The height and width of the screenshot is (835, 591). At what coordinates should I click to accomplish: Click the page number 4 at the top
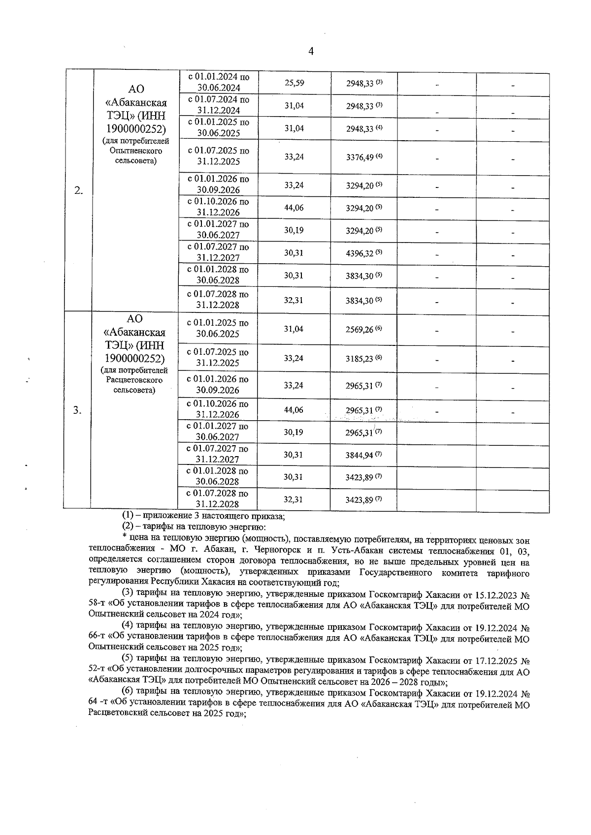point(311,51)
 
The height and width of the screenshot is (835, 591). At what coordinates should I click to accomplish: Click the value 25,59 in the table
point(294,83)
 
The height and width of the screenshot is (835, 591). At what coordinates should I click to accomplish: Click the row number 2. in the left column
point(78,191)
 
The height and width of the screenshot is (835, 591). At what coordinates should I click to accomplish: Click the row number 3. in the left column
point(77,410)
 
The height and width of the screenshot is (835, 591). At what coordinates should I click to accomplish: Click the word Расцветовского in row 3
point(134,380)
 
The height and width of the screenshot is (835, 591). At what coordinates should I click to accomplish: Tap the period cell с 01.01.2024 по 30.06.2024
point(218,83)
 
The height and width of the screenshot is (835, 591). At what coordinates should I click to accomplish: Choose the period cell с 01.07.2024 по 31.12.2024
point(218,105)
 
